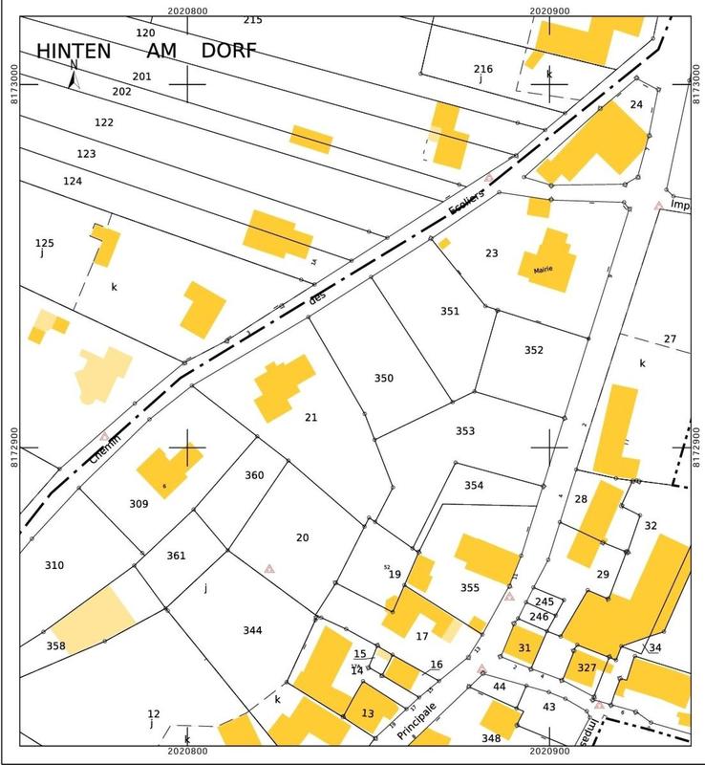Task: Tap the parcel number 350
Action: pyautogui.click(x=383, y=378)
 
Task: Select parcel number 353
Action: pyautogui.click(x=464, y=431)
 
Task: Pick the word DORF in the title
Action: pyautogui.click(x=228, y=52)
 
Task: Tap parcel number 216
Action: pyautogui.click(x=483, y=69)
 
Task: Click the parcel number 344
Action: pyautogui.click(x=252, y=630)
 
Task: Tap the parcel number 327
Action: pyautogui.click(x=587, y=667)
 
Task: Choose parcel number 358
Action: pyautogui.click(x=56, y=646)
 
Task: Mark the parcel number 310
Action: pyautogui.click(x=54, y=565)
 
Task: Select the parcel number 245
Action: pyautogui.click(x=545, y=601)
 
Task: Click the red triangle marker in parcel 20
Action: pyautogui.click(x=269, y=568)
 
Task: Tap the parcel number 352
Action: pyautogui.click(x=533, y=350)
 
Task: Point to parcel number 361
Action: pyautogui.click(x=176, y=556)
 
